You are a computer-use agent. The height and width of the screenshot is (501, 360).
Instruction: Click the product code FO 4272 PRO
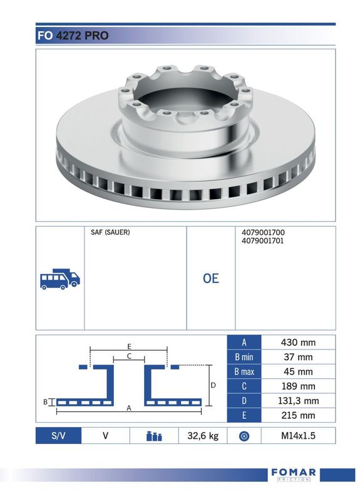(73, 36)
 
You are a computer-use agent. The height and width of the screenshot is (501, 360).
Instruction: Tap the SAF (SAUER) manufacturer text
(110, 232)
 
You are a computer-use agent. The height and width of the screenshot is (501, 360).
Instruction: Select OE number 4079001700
(263, 232)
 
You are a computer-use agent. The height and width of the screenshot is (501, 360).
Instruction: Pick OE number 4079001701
(263, 240)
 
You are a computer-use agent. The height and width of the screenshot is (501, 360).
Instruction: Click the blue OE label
(210, 278)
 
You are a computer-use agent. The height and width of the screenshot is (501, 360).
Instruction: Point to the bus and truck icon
(59, 279)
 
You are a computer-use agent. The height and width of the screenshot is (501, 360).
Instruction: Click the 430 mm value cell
(298, 342)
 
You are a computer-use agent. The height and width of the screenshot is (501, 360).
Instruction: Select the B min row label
(244, 357)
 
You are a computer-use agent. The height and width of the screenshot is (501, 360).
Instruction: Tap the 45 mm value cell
(298, 371)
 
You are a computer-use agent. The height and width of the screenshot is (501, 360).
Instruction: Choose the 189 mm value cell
(298, 386)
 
